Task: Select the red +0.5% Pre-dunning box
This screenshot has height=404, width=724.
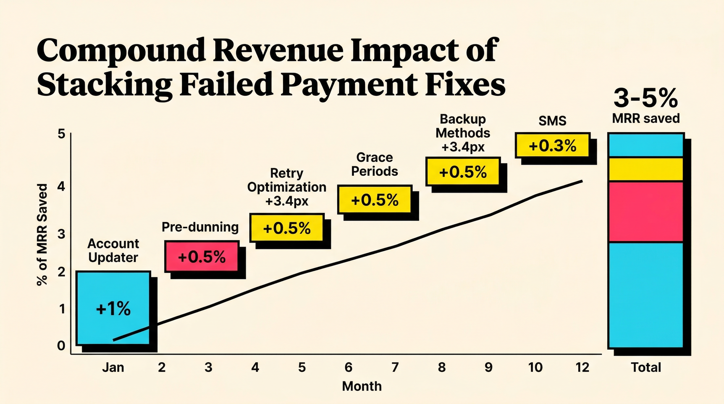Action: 202,256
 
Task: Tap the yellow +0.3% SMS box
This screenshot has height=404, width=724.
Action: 552,145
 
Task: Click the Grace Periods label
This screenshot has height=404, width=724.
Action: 374,164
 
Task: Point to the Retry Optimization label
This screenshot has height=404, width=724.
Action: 287,180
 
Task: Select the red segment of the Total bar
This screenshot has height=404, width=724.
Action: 646,211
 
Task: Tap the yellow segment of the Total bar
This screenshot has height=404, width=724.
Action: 646,169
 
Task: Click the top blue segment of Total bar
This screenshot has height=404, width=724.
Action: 646,145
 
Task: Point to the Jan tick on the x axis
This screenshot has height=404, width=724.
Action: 113,367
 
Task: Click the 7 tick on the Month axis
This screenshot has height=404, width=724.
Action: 395,367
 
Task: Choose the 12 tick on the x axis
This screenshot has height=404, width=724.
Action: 582,367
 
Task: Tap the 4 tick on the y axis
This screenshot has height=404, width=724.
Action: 61,186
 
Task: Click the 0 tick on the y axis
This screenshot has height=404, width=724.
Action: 61,346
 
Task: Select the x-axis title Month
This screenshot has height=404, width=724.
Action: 362,386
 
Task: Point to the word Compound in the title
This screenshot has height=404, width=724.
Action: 121,50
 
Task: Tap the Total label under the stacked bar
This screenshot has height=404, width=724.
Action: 646,367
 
